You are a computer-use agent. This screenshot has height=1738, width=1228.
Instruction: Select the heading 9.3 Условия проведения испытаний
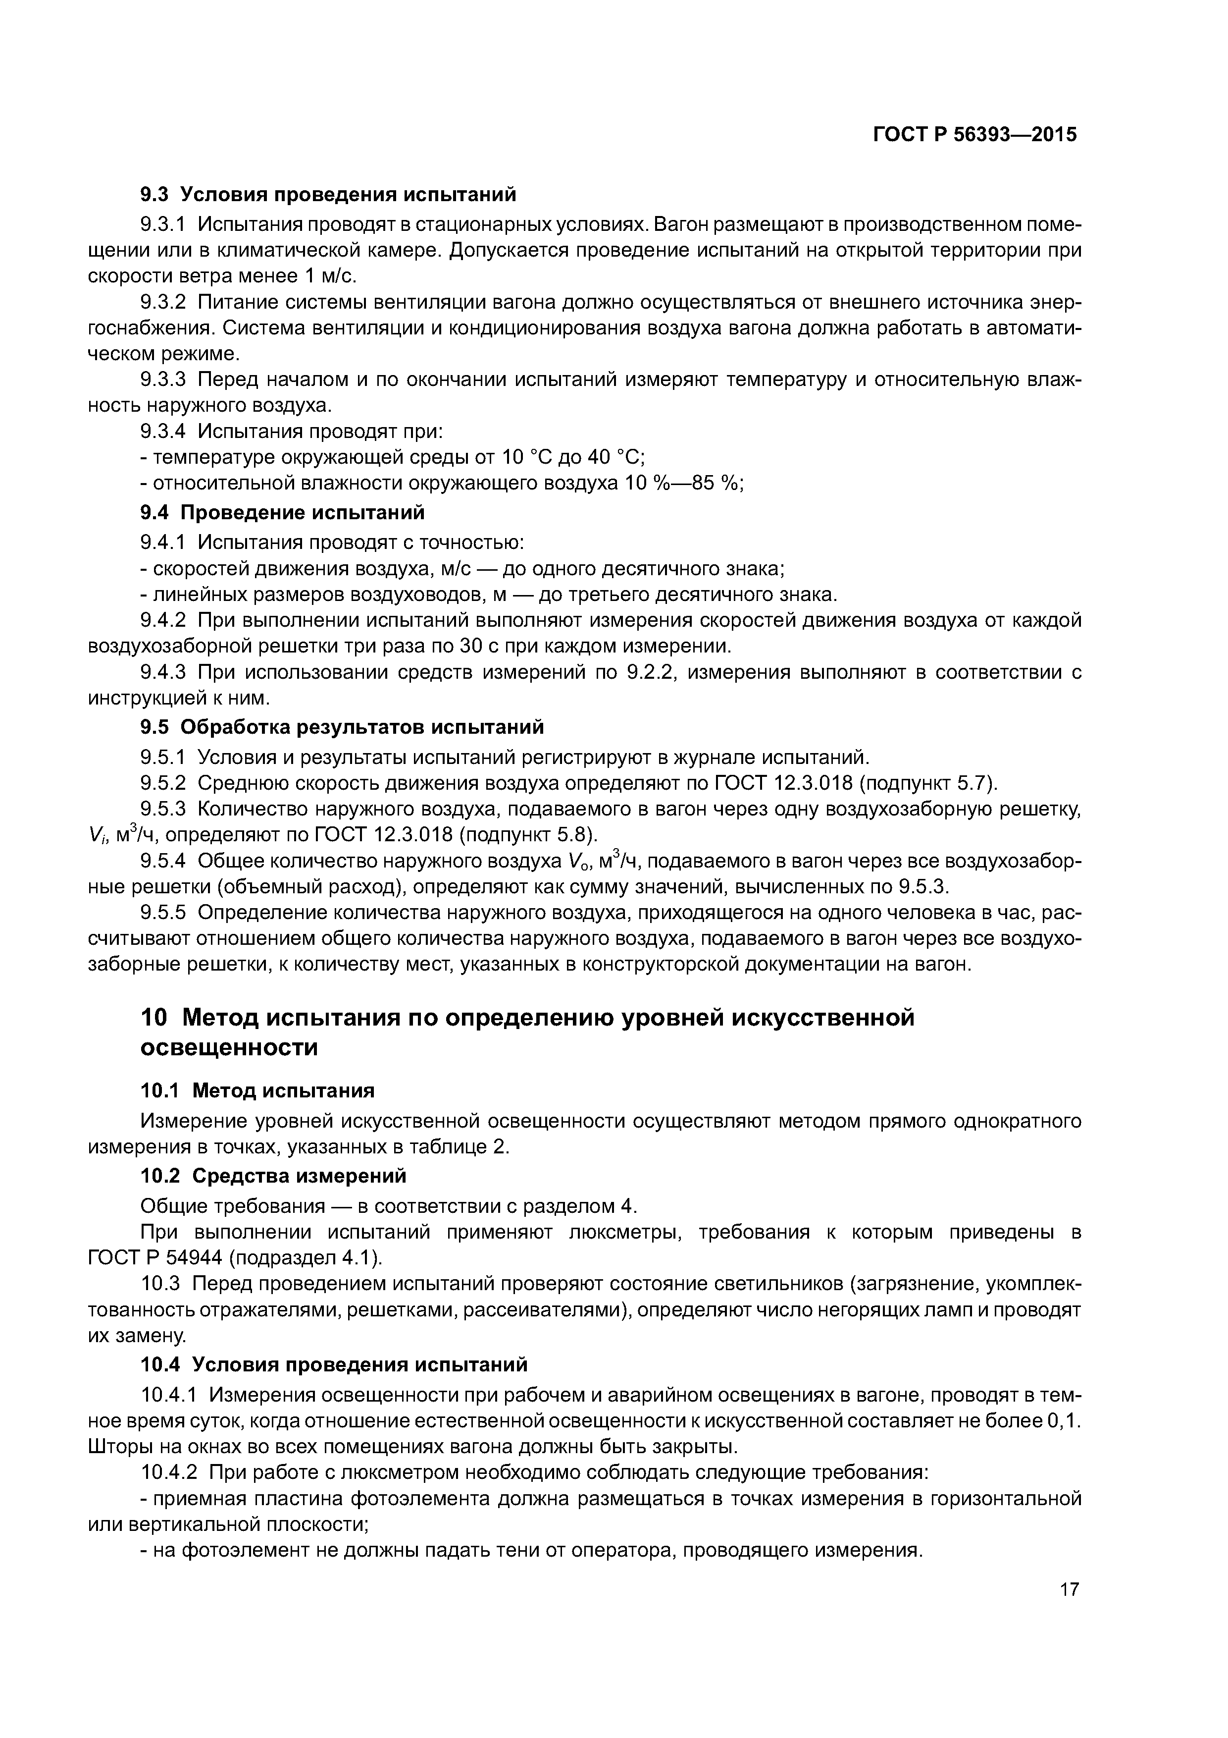pos(328,195)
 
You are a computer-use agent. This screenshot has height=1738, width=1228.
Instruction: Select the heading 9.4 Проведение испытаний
pos(282,513)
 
